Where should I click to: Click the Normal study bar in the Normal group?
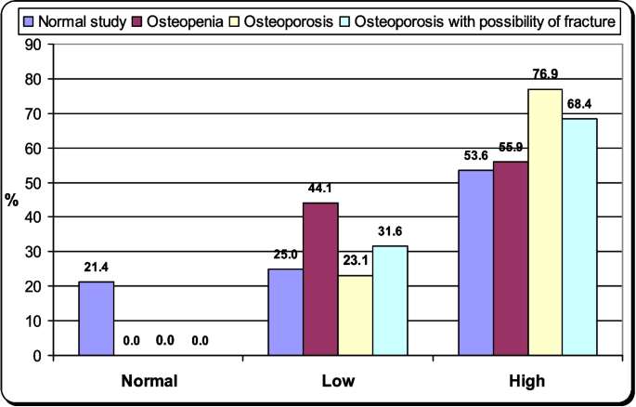click(97, 319)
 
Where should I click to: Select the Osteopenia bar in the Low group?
click(318, 279)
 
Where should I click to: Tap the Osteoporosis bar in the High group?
click(545, 222)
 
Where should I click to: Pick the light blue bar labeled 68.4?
click(579, 237)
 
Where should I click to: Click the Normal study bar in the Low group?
click(284, 312)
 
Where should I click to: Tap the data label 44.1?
click(319, 188)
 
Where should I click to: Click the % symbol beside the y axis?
click(13, 200)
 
